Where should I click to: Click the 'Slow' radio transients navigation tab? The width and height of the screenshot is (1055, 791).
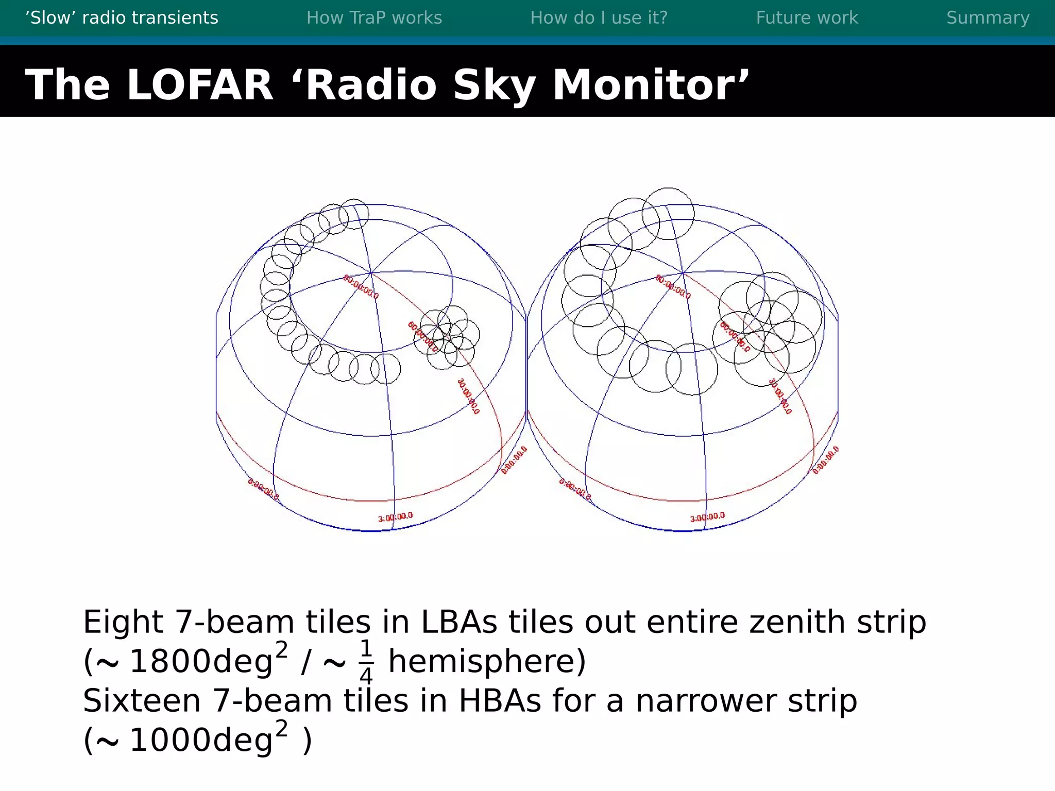click(122, 18)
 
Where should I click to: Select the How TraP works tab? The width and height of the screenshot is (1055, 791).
click(374, 18)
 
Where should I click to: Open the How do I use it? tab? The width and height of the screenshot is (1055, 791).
click(599, 18)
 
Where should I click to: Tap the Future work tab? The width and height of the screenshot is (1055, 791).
click(807, 18)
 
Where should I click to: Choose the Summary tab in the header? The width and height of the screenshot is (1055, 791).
click(988, 18)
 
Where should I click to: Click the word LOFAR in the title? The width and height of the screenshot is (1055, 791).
click(200, 84)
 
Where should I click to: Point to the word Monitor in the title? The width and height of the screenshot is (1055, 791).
click(650, 84)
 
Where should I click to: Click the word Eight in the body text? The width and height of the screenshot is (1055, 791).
click(123, 622)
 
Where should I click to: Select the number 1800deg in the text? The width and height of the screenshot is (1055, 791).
click(201, 661)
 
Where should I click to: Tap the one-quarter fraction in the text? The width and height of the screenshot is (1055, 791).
click(366, 662)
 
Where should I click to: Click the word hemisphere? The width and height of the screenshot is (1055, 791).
click(487, 661)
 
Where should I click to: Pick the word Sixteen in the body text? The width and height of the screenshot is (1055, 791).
click(142, 701)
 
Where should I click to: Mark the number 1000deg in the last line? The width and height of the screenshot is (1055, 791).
click(201, 741)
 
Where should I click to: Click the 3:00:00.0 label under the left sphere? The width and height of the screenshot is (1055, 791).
click(395, 517)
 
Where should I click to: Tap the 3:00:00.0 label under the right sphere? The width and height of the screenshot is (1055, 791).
click(707, 517)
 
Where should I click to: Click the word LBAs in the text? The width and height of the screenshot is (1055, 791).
click(459, 622)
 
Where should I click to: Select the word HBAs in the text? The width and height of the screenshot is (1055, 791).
click(500, 701)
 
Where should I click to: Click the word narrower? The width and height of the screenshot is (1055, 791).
click(705, 701)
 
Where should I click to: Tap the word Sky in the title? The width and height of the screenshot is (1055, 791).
click(494, 84)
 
